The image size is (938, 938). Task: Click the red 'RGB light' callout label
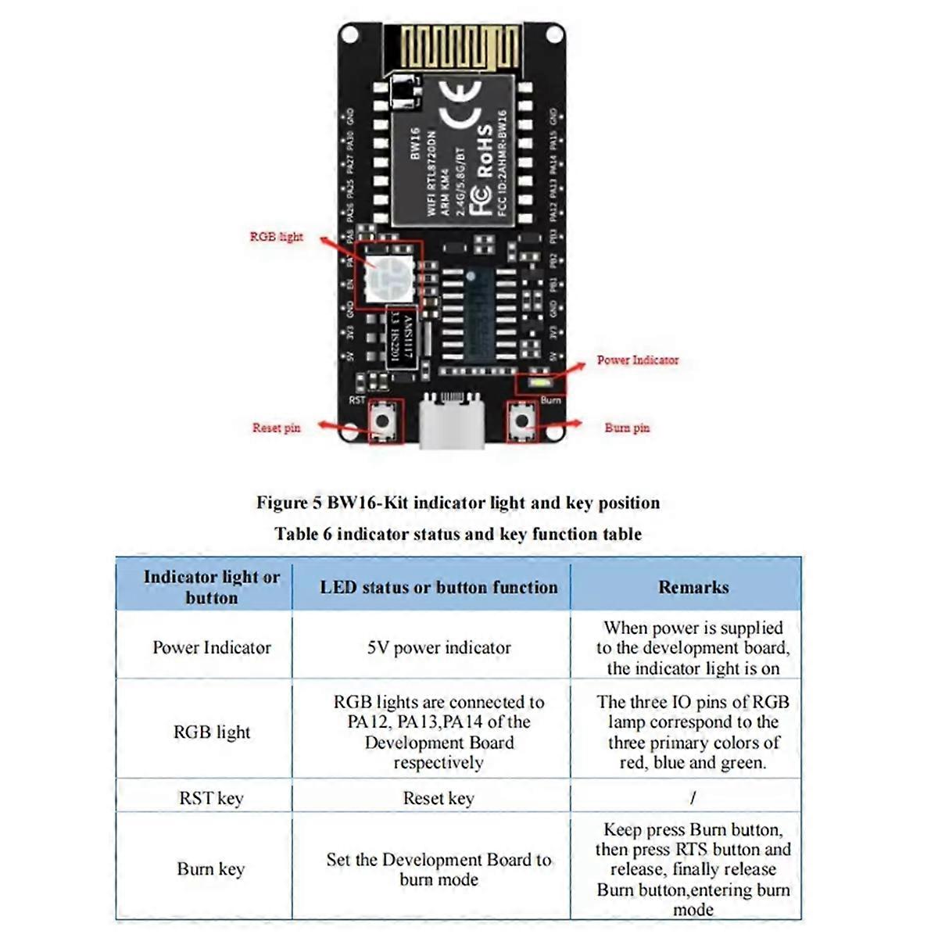276,237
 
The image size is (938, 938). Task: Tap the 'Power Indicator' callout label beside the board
637,360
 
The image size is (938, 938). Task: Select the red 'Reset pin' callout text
276,428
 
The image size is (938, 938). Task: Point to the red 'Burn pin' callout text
627,428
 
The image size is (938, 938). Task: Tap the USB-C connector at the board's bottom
453,422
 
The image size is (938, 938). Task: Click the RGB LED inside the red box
388,274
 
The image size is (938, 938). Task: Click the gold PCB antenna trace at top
461,47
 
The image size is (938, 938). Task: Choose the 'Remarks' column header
693,588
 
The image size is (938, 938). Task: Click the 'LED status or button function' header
439,588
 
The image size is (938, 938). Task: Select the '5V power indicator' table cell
439,648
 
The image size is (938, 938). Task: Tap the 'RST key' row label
211,799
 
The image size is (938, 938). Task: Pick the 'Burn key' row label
211,869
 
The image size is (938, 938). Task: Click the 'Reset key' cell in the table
439,799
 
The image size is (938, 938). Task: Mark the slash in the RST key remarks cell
693,798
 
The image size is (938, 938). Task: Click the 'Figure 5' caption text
458,503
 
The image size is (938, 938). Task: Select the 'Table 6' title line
458,535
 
